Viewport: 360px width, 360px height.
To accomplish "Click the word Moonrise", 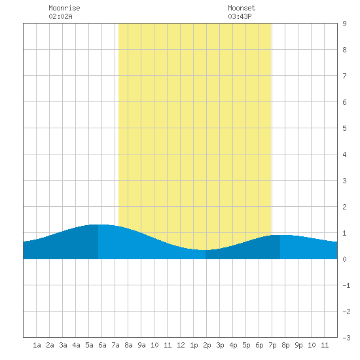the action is tap(64, 8).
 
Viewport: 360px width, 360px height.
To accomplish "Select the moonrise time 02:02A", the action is tap(60, 16).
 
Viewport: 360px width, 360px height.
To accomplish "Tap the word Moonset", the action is tap(242, 8).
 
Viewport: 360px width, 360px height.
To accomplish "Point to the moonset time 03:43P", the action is tap(240, 16).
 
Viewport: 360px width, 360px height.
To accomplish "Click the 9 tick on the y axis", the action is tap(344, 24).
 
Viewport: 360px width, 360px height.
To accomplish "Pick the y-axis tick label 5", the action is tap(344, 128).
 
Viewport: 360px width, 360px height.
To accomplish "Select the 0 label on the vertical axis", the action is tap(344, 259).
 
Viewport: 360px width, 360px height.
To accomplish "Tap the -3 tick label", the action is tap(346, 338).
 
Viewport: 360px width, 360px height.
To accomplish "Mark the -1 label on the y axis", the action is tap(346, 285).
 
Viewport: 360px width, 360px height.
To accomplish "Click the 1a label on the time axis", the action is tap(37, 345).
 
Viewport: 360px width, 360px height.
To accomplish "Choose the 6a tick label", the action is tap(102, 345).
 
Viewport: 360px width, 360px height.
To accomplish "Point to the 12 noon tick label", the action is tap(181, 345).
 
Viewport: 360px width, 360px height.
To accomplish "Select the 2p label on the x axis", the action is tap(207, 346).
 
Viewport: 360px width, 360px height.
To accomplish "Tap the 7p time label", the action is tap(272, 346).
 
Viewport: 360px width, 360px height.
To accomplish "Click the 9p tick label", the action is tap(298, 346).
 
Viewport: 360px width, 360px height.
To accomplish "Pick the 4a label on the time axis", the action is tap(76, 345).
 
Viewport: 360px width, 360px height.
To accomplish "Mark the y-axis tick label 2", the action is tap(344, 207).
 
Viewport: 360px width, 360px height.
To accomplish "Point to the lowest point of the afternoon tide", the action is tap(202, 250).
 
